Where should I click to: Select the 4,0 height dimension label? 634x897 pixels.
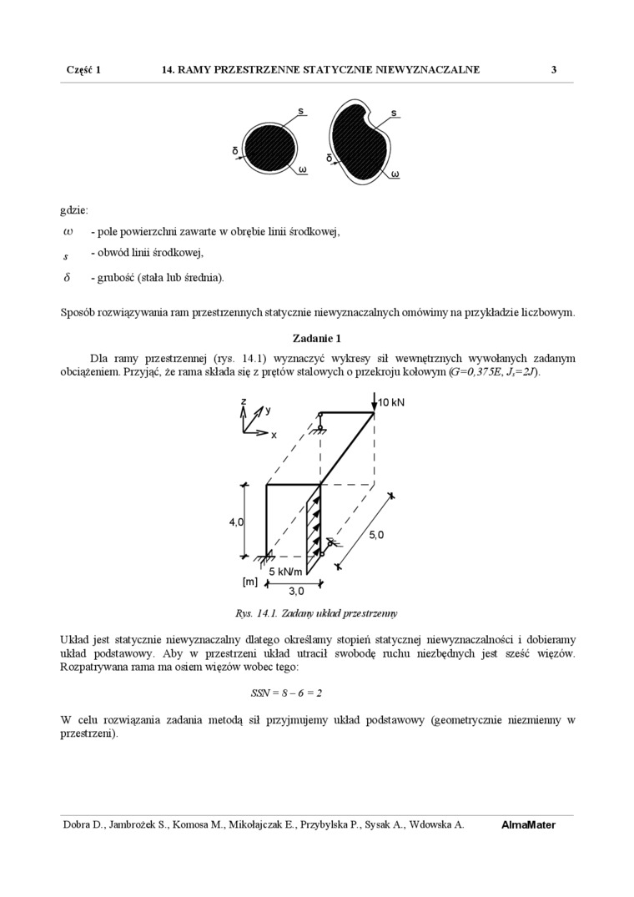tap(236, 522)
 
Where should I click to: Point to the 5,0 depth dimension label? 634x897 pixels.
tap(376, 535)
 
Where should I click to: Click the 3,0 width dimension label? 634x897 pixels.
tap(296, 592)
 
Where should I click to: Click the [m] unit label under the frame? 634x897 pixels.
tap(249, 582)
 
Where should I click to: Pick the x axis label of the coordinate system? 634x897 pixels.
tap(273, 435)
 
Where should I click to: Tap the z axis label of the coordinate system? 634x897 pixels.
tap(244, 402)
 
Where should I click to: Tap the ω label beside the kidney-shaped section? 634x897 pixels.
tap(395, 174)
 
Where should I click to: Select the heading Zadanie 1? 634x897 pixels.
tap(317, 338)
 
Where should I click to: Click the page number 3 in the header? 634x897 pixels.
tap(554, 70)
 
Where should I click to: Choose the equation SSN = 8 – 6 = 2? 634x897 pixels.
tap(286, 693)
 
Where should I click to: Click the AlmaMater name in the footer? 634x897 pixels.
tap(528, 824)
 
